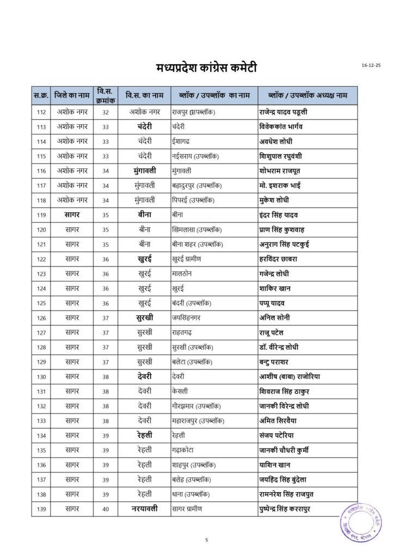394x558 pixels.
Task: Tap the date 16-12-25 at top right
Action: [371, 65]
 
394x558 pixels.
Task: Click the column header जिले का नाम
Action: [72, 95]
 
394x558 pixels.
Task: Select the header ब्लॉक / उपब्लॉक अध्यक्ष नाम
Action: [308, 95]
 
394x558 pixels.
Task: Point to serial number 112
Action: [41, 112]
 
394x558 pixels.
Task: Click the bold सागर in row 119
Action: [72, 215]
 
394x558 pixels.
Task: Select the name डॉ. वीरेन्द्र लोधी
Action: [286, 347]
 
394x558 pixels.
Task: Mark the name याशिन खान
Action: [275, 465]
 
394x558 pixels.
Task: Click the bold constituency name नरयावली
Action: [144, 509]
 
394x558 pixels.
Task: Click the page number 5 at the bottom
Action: [207, 540]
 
